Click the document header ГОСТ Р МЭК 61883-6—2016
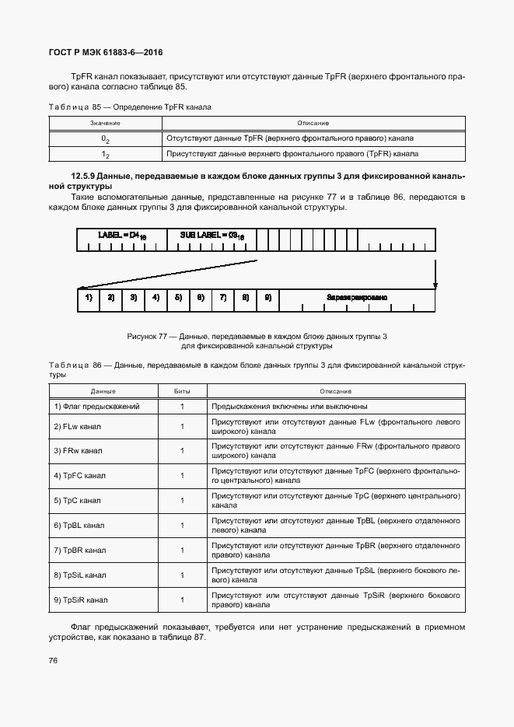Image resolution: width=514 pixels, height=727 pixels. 105,53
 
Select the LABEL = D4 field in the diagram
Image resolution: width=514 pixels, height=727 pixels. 120,235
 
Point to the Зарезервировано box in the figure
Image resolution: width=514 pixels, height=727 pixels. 357,298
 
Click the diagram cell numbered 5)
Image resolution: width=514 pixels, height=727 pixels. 178,298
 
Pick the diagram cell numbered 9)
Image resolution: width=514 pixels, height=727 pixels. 267,298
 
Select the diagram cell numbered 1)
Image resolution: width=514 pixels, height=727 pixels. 89,298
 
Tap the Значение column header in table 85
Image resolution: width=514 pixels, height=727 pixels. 105,123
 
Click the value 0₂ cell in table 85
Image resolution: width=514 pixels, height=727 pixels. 105,138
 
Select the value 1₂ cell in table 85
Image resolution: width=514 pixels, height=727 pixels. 105,154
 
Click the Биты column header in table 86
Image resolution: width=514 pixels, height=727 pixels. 182,391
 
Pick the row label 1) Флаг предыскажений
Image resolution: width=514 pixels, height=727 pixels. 96,407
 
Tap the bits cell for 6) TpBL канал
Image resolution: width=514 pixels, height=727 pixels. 182,526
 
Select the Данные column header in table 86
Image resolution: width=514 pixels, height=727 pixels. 103,391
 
